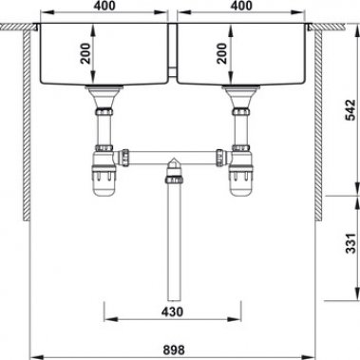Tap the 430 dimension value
click(x=172, y=311)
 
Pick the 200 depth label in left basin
click(x=85, y=51)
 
